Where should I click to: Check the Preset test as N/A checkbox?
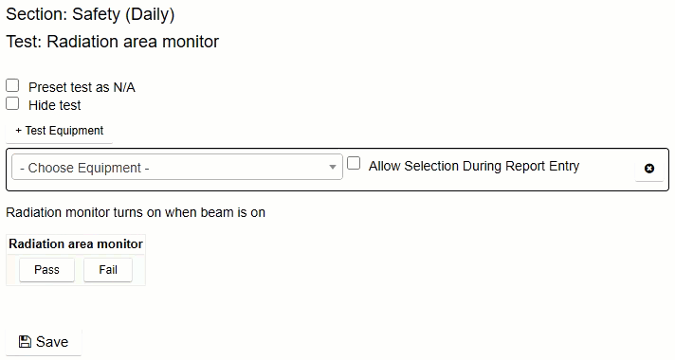[12, 85]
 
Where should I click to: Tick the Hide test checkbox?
[12, 103]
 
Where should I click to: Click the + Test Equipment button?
[59, 131]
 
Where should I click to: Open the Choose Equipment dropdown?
[175, 168]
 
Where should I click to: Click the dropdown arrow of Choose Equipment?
[333, 168]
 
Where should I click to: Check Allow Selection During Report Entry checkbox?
[354, 163]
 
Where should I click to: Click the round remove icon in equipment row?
[649, 169]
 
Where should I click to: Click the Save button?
[43, 342]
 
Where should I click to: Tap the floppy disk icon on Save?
[25, 342]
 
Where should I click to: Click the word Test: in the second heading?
[24, 42]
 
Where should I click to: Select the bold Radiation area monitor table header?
[76, 243]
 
